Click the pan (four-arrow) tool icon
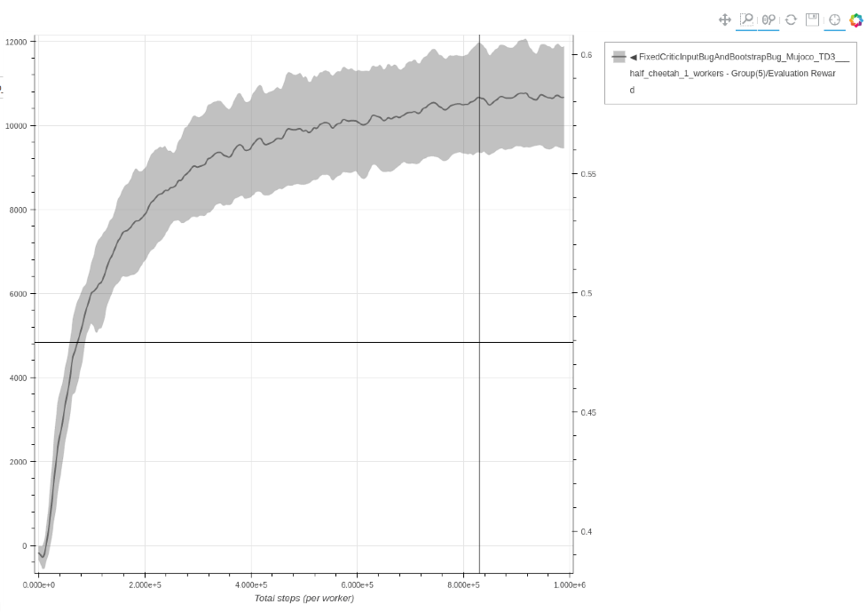724,20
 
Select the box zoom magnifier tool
746,20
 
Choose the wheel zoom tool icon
768,20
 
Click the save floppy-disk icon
812,20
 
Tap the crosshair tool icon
834,20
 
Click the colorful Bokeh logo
856,20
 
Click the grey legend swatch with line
619,57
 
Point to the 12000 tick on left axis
16,42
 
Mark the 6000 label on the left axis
18,294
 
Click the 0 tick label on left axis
23,546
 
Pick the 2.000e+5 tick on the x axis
145,585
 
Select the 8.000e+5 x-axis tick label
463,585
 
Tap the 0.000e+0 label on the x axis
38,585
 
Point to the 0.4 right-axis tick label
587,532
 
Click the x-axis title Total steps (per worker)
303,599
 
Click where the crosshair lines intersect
479,342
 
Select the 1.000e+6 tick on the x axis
569,585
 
